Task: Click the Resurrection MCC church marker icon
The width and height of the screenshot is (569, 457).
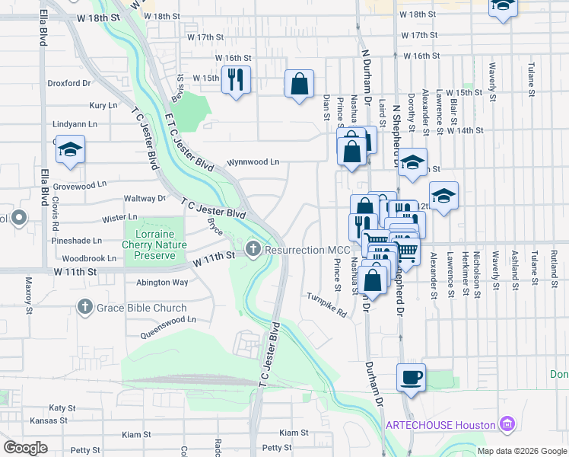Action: (x=253, y=249)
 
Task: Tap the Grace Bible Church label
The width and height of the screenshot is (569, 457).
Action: (x=142, y=308)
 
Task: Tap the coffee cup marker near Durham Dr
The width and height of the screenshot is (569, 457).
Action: (x=411, y=377)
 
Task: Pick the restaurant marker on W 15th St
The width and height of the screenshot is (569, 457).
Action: (x=236, y=78)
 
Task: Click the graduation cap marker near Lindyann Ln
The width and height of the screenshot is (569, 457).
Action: (x=70, y=150)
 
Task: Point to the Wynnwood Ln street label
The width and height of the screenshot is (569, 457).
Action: (x=253, y=162)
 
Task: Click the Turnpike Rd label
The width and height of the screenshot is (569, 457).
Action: (x=326, y=305)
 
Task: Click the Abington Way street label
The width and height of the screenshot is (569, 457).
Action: (x=162, y=282)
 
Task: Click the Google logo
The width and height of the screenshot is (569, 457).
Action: (x=24, y=448)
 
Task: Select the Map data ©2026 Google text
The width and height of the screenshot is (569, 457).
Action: (x=521, y=450)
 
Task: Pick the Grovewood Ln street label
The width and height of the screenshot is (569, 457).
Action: (x=80, y=185)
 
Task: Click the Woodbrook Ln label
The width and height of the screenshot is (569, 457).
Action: (x=88, y=259)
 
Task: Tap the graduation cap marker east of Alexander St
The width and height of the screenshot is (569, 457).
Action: (x=443, y=195)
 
